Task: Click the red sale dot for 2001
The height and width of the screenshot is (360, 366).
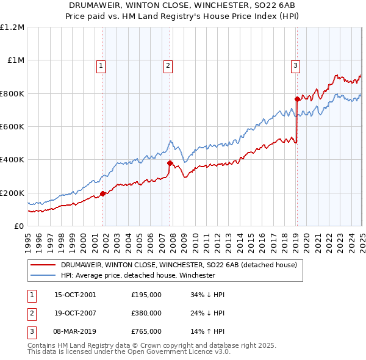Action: [x=103, y=194]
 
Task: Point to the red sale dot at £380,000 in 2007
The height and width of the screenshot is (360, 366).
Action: [x=170, y=163]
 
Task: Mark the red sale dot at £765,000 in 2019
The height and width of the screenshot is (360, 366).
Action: [x=297, y=99]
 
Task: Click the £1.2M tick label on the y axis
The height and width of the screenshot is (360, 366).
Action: [x=12, y=27]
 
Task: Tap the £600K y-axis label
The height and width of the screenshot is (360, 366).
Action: [x=12, y=127]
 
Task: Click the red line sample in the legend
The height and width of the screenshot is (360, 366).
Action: [x=43, y=265]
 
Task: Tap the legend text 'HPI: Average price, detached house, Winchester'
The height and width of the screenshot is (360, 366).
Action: [x=138, y=275]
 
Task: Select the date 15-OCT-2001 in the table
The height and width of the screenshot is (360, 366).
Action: [x=76, y=295]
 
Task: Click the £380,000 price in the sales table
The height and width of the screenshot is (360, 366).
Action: [x=146, y=313]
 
